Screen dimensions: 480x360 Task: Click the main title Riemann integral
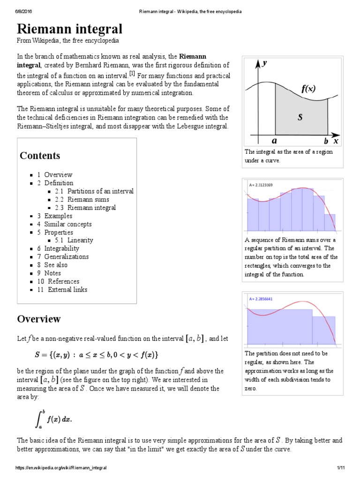(70, 29)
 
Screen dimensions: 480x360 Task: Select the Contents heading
(40, 156)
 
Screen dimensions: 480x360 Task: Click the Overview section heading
(39, 319)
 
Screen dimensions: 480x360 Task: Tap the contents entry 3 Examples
(55, 216)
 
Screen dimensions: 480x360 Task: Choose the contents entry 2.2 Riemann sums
(85, 200)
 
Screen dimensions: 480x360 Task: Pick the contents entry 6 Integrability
(58, 248)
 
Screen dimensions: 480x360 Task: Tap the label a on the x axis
(274, 140)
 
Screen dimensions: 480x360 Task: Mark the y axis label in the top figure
(264, 63)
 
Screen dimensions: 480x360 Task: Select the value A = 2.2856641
(261, 299)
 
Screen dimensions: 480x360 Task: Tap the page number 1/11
(341, 468)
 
